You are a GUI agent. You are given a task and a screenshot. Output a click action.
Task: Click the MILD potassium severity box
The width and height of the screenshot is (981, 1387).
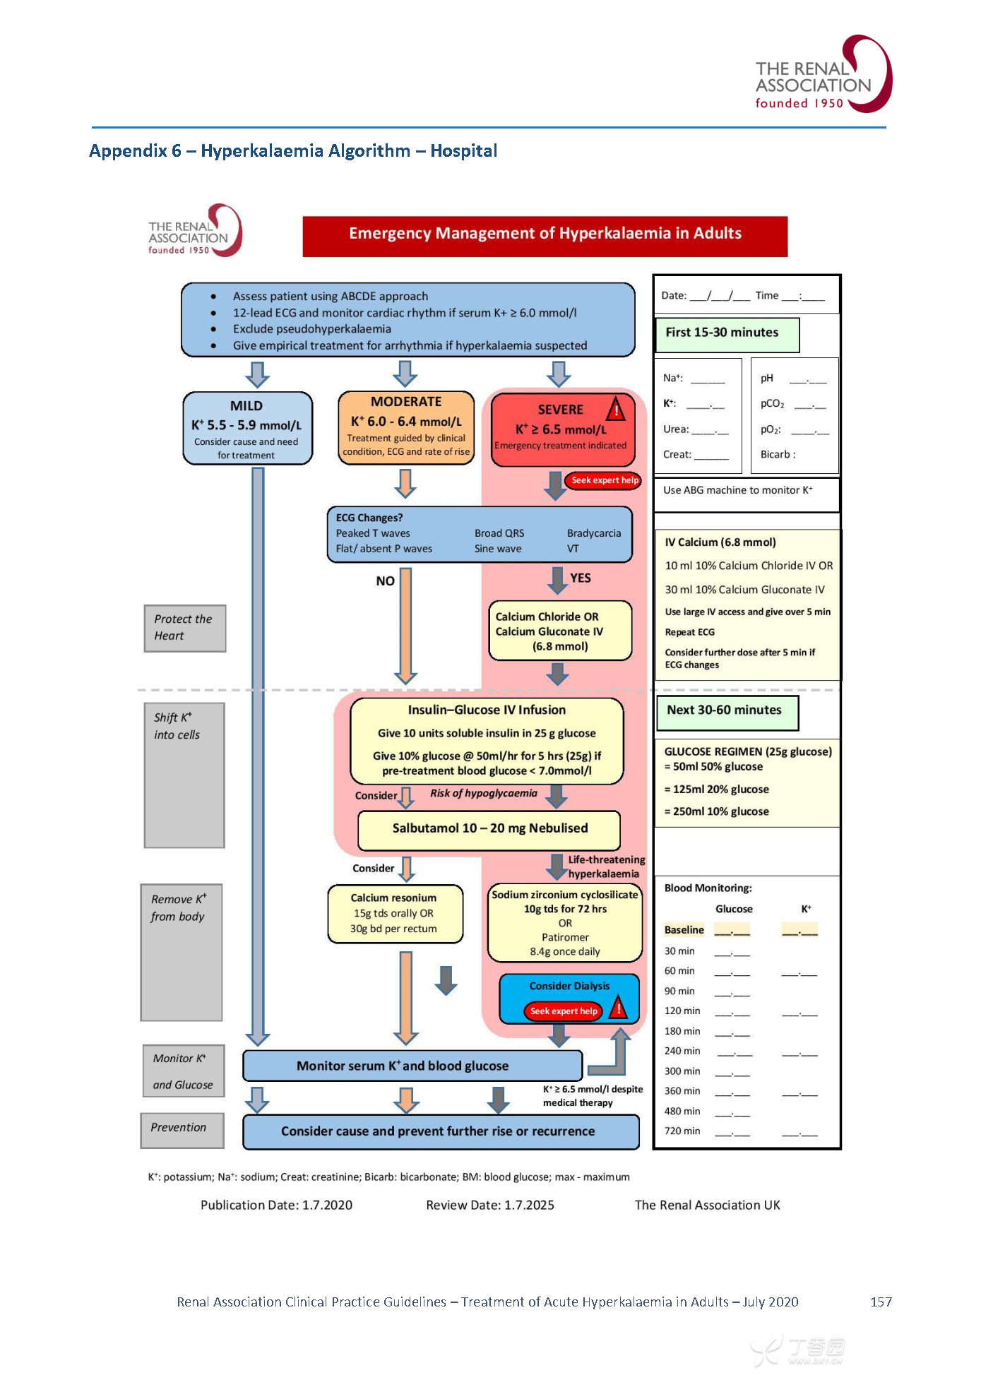pyautogui.click(x=247, y=428)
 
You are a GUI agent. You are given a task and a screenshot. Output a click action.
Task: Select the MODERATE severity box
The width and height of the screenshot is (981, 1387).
pyautogui.click(x=406, y=427)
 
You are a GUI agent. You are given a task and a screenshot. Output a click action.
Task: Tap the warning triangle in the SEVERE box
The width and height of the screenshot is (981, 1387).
pyautogui.click(x=616, y=409)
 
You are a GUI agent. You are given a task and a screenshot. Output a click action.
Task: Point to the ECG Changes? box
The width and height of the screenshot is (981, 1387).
pyautogui.click(x=479, y=534)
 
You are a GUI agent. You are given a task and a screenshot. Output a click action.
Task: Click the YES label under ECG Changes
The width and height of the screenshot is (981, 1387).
pyautogui.click(x=581, y=578)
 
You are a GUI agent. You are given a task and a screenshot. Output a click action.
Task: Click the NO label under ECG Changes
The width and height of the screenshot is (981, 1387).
pyautogui.click(x=385, y=581)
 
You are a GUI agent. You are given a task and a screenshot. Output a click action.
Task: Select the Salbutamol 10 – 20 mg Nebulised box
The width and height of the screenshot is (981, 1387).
pyautogui.click(x=489, y=829)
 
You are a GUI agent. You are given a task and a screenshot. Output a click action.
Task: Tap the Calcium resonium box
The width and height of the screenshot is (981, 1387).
pyautogui.click(x=395, y=913)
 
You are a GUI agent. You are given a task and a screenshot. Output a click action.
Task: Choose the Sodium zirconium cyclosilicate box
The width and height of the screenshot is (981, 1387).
pyautogui.click(x=565, y=922)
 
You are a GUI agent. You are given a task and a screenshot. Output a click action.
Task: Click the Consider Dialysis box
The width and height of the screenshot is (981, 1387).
pyautogui.click(x=569, y=997)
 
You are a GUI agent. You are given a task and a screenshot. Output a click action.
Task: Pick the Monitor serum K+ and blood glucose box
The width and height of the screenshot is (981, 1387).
pyautogui.click(x=412, y=1066)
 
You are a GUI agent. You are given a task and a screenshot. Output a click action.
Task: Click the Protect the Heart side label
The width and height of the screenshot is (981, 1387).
pyautogui.click(x=184, y=628)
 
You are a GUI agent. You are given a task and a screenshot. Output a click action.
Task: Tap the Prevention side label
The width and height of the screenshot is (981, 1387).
pyautogui.click(x=182, y=1128)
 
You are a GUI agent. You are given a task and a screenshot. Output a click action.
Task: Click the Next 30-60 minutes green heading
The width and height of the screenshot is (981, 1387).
pyautogui.click(x=727, y=711)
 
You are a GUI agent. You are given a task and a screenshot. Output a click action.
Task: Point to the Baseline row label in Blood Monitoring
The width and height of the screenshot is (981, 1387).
pyautogui.click(x=684, y=930)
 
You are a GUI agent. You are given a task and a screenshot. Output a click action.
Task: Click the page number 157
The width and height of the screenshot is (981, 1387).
pyautogui.click(x=881, y=1302)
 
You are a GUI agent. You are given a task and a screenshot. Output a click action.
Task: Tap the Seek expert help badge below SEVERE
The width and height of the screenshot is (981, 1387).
pyautogui.click(x=604, y=480)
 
